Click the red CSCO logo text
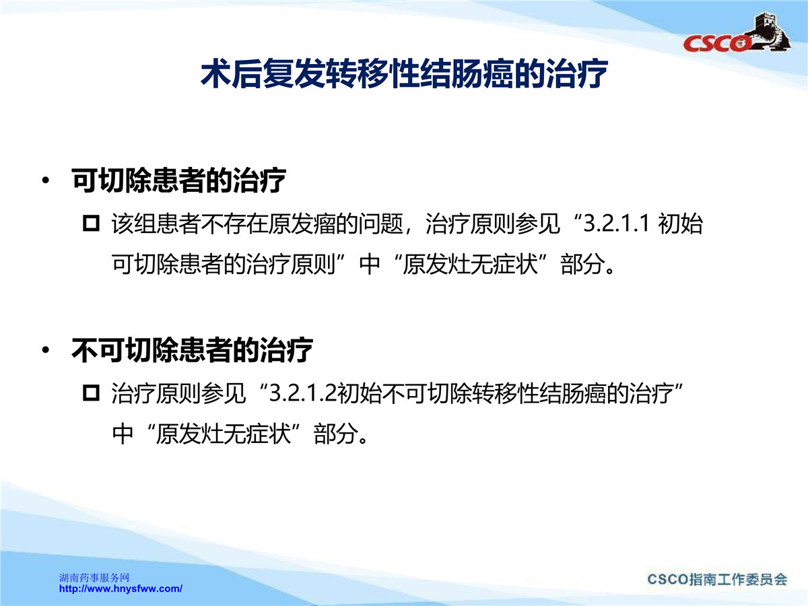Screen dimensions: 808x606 [716, 43]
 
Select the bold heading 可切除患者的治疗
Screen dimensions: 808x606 [178, 180]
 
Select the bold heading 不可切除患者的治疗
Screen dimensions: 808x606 [192, 350]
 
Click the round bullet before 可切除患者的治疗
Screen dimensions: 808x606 [45, 180]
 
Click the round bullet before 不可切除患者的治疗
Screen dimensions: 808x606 [45, 350]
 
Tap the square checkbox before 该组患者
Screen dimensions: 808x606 [91, 223]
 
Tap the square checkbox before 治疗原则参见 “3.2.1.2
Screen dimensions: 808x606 [91, 393]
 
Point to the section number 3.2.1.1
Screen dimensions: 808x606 [616, 223]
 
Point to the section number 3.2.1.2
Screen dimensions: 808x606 [302, 393]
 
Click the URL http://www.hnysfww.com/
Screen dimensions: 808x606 [121, 588]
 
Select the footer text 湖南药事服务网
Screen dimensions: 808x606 [94, 578]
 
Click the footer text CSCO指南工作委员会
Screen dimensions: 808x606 [717, 580]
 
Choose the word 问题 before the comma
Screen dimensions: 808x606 [381, 224]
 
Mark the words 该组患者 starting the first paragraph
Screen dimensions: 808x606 [156, 224]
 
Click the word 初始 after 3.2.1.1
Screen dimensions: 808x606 [680, 224]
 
